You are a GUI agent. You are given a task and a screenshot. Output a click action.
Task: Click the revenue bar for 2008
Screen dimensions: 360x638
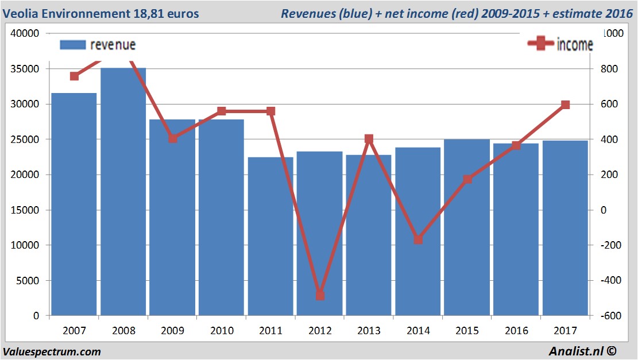click(123, 192)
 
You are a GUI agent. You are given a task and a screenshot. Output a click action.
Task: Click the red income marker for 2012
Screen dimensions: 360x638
click(320, 296)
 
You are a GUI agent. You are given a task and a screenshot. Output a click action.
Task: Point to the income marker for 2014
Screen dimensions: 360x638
click(418, 239)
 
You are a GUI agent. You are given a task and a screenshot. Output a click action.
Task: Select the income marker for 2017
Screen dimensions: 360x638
click(565, 104)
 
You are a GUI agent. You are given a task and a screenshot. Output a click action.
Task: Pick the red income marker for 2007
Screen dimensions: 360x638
click(74, 76)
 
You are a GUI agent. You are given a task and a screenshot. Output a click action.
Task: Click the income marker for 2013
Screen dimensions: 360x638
click(369, 139)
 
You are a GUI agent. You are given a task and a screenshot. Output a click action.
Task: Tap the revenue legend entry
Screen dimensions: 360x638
click(98, 45)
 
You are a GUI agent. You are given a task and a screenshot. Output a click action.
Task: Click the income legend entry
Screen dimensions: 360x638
click(560, 45)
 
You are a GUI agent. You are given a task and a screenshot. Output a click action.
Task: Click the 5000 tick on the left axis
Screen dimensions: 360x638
click(28, 281)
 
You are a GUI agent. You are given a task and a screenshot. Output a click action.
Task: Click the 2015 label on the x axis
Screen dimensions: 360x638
click(467, 331)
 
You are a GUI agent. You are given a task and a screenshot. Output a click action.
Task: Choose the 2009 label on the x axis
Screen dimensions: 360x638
click(172, 331)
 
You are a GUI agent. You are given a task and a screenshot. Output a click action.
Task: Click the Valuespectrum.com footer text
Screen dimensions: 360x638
click(52, 351)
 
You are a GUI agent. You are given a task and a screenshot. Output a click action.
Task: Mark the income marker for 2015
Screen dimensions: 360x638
click(467, 179)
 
